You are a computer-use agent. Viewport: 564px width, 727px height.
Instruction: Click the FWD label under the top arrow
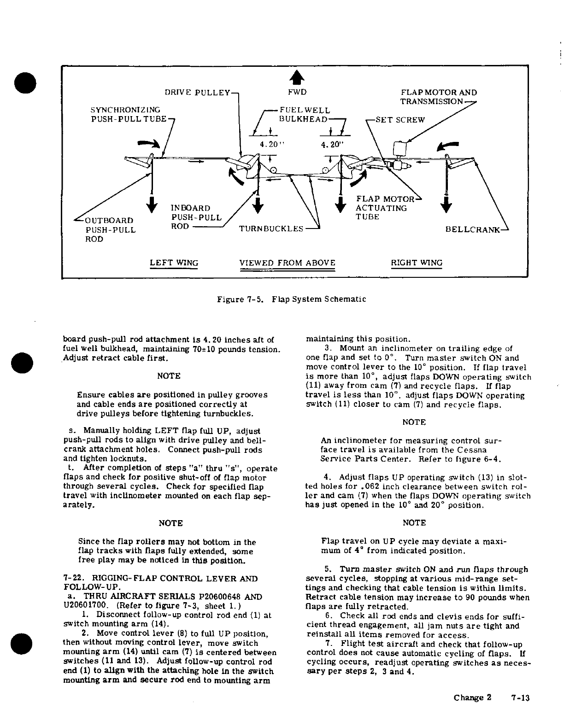pos(297,93)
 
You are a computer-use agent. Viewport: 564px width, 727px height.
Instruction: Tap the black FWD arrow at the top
pos(298,77)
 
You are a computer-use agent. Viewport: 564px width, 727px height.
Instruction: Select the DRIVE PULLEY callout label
pos(197,93)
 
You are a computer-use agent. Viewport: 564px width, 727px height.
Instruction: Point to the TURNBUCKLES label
pos(271,229)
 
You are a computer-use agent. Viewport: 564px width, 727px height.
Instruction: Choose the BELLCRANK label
pos(472,229)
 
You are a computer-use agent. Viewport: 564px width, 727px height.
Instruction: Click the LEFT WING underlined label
pos(174,263)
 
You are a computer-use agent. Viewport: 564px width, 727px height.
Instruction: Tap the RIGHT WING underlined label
pos(417,263)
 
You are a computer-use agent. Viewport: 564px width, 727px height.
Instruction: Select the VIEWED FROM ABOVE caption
pos(288,263)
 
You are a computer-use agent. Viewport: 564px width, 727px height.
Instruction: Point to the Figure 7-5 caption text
pos(292,299)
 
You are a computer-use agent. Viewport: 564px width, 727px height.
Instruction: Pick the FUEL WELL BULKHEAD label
pos(305,115)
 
